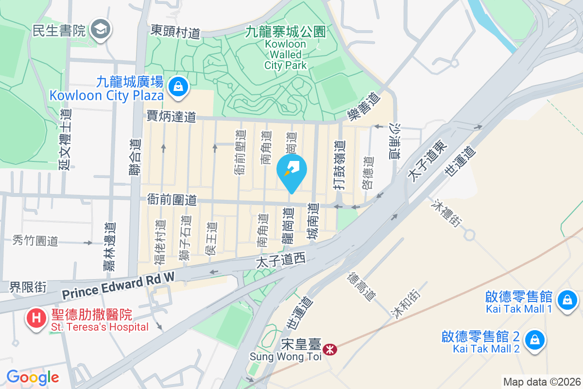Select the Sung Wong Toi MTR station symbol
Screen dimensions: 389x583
point(330,349)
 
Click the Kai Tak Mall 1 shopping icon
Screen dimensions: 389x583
point(566,299)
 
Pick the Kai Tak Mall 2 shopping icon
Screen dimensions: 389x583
point(534,339)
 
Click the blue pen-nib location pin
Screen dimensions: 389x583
point(291,172)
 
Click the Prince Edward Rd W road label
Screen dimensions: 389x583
point(118,287)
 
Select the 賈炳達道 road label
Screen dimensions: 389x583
point(171,116)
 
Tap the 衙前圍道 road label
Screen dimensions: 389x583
point(171,199)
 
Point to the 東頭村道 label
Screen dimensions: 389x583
point(175,32)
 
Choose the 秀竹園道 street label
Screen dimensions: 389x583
point(35,240)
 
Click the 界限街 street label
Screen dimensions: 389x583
point(28,287)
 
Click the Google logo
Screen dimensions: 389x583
point(33,377)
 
